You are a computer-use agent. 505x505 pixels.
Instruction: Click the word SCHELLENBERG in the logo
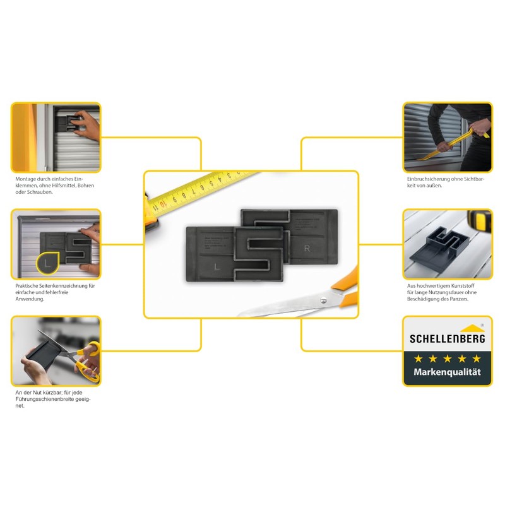[x=447, y=339]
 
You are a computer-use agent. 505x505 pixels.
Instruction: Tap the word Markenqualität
[x=447, y=372]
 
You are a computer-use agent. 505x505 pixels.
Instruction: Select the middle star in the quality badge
[x=447, y=358]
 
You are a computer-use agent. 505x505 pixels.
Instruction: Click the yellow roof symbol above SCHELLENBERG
[x=472, y=328]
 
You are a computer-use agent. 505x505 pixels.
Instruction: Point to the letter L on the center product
[x=217, y=267]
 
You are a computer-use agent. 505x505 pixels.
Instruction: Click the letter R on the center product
[x=307, y=249]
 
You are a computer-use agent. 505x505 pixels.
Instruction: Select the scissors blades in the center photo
[x=284, y=307]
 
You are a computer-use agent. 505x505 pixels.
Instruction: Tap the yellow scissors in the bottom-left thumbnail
[x=88, y=360]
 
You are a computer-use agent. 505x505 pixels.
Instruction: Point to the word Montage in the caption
[x=27, y=179]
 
